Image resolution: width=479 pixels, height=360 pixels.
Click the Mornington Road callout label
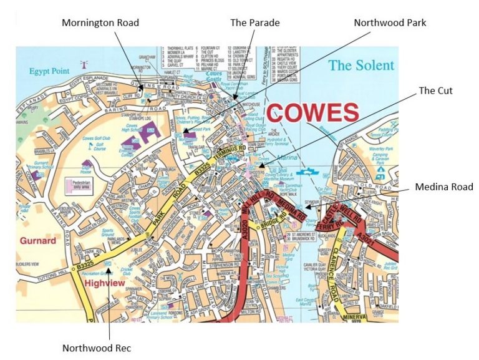(x=100, y=22)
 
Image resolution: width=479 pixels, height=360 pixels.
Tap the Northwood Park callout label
(x=390, y=22)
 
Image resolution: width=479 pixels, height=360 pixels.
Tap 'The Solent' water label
(x=361, y=66)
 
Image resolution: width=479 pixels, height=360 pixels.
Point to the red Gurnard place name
(x=37, y=240)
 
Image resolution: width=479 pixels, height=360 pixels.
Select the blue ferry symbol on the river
(x=306, y=169)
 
